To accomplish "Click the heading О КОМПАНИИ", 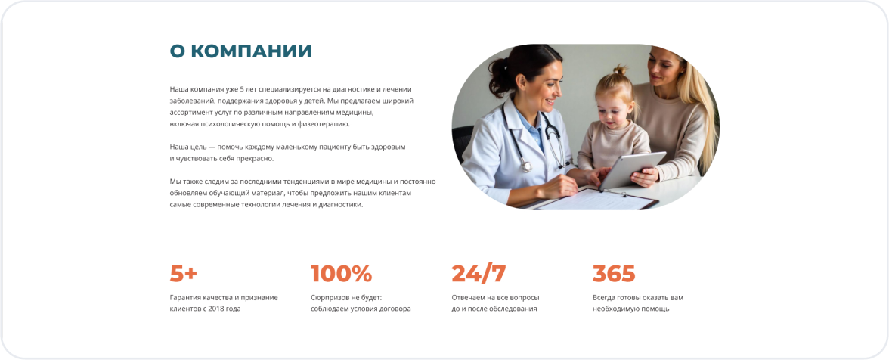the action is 241,51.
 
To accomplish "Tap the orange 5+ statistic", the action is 183,274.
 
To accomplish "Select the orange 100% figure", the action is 342,274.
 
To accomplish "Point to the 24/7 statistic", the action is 479,274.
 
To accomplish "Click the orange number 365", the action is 614,274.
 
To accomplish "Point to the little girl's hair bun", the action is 620,70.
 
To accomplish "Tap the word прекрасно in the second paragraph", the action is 257,159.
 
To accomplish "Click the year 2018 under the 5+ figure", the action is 217,309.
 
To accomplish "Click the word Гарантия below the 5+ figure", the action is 186,298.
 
